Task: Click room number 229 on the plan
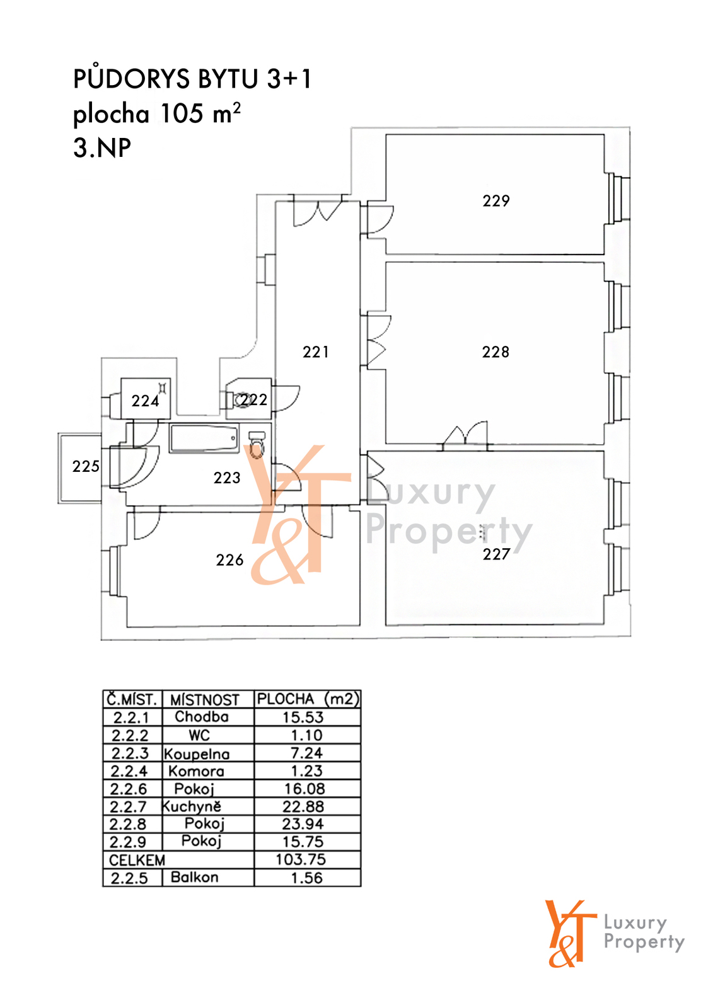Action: (x=496, y=201)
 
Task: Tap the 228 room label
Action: (x=496, y=352)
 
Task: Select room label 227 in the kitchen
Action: (x=496, y=554)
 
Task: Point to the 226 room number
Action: (x=229, y=560)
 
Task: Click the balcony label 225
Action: (x=86, y=466)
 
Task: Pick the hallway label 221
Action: (x=315, y=352)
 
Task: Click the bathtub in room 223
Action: (x=204, y=438)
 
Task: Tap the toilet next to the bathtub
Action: (x=257, y=445)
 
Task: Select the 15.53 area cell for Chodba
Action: (x=303, y=718)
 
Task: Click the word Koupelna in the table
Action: (x=197, y=753)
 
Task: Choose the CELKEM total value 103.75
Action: (x=301, y=859)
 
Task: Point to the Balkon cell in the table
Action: (x=195, y=877)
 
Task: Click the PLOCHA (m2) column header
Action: (x=308, y=699)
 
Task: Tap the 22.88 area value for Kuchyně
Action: (x=303, y=806)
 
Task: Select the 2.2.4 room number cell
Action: (x=129, y=771)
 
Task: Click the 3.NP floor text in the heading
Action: (x=102, y=147)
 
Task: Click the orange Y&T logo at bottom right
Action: (x=571, y=933)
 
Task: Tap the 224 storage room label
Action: (x=145, y=401)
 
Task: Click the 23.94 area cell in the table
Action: (x=303, y=824)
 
